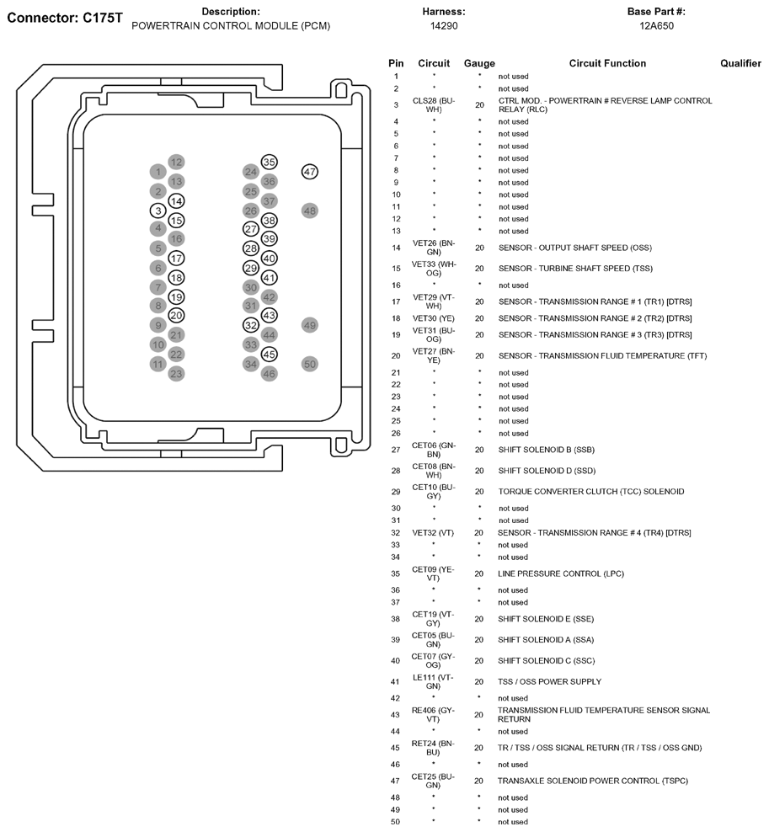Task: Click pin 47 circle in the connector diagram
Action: tap(309, 172)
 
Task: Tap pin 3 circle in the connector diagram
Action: tap(158, 211)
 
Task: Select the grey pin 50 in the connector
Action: tap(309, 364)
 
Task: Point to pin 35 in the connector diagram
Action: tap(270, 162)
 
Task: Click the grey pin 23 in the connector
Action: tap(176, 373)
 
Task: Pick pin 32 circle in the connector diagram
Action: tap(250, 325)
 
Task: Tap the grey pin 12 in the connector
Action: tap(176, 162)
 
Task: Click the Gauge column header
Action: tap(479, 63)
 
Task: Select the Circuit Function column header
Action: tap(607, 63)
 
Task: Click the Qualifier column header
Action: tap(740, 63)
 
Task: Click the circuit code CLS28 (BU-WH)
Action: tap(433, 104)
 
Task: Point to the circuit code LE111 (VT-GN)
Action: tap(433, 681)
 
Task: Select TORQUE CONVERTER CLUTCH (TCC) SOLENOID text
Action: tap(590, 491)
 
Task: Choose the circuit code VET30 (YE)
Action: tap(433, 318)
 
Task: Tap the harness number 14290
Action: tap(443, 26)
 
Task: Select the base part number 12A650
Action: tap(656, 26)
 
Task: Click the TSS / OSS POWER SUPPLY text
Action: tap(549, 681)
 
